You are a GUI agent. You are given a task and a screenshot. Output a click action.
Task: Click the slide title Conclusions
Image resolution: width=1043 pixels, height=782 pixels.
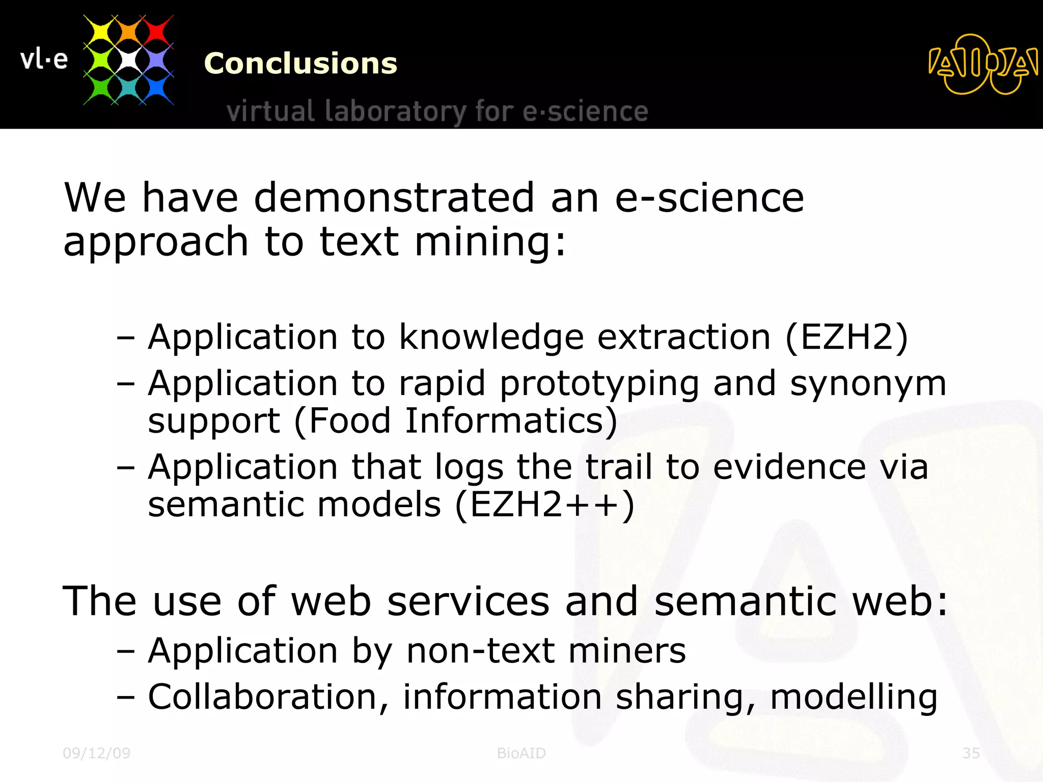300,64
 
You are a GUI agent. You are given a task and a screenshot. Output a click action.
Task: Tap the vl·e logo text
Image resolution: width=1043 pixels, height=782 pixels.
44,60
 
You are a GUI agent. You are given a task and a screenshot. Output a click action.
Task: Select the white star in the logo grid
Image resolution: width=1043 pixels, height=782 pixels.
128,60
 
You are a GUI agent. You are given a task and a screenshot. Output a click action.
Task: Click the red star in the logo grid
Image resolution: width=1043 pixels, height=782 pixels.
156,32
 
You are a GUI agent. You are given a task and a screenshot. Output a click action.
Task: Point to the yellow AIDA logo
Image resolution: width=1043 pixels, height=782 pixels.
982,64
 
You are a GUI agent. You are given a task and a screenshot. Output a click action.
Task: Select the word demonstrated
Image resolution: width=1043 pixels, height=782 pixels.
394,198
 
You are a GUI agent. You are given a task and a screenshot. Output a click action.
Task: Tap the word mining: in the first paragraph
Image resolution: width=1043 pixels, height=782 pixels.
490,241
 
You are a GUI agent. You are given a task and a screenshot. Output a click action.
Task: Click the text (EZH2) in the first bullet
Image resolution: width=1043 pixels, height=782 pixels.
846,337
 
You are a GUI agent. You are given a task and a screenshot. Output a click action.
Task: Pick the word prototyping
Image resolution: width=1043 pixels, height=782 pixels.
599,384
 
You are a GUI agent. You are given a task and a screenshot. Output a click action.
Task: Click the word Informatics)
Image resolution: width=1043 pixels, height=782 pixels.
511,421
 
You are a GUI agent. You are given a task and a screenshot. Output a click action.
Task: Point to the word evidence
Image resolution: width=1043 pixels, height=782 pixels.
789,467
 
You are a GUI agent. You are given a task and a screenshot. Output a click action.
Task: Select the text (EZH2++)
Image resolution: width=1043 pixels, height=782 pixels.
544,505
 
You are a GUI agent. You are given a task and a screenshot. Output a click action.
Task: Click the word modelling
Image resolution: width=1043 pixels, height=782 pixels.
854,697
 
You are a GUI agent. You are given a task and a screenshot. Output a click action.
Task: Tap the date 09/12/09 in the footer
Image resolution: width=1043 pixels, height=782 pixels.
97,753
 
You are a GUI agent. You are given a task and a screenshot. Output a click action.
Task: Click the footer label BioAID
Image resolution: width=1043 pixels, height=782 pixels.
521,753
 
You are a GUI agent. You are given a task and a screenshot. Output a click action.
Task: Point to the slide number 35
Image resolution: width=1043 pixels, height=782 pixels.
971,753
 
